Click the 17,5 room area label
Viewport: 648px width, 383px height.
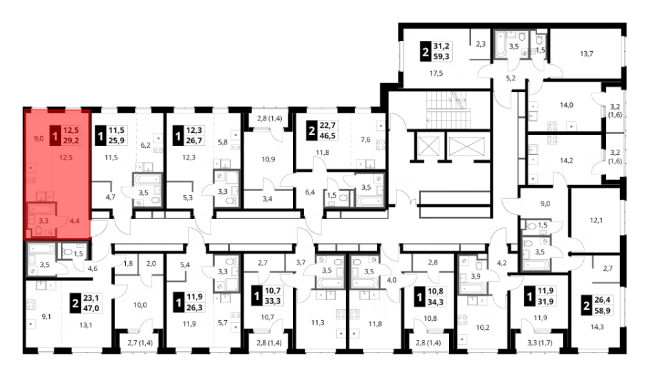point(436,73)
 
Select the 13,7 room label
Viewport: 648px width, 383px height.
point(586,53)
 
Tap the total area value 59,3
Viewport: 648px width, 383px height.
point(441,56)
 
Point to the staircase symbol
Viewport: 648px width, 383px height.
point(448,108)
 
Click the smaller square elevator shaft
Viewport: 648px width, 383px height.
point(425,146)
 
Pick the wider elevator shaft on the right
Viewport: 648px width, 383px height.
point(466,146)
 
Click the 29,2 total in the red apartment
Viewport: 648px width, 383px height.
point(71,141)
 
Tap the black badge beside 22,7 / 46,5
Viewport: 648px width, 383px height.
point(312,132)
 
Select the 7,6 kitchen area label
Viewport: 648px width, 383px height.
point(365,139)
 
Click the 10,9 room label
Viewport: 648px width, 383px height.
point(268,159)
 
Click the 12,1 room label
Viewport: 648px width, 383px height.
point(596,220)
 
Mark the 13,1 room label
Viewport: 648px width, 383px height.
point(86,325)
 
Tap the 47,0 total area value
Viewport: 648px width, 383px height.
point(91,308)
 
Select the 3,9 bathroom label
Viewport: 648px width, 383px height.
point(476,277)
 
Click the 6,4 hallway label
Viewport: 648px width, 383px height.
point(310,192)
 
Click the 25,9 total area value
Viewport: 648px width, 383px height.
point(116,141)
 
